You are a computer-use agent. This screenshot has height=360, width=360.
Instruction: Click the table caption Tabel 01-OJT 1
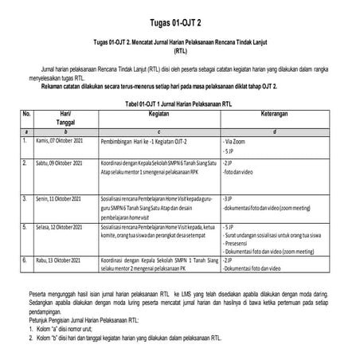tap(180, 103)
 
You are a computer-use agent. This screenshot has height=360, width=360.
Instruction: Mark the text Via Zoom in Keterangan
tap(237, 140)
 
